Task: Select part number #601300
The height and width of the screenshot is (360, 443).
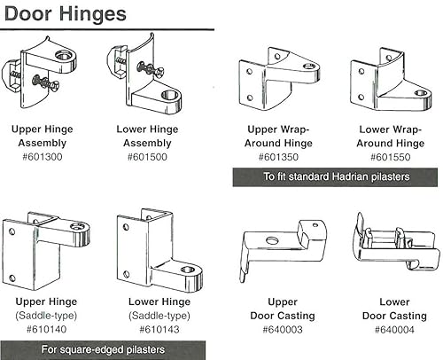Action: (42, 157)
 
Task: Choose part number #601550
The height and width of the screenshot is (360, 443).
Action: (386, 157)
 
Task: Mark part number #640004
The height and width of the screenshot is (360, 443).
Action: (385, 328)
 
